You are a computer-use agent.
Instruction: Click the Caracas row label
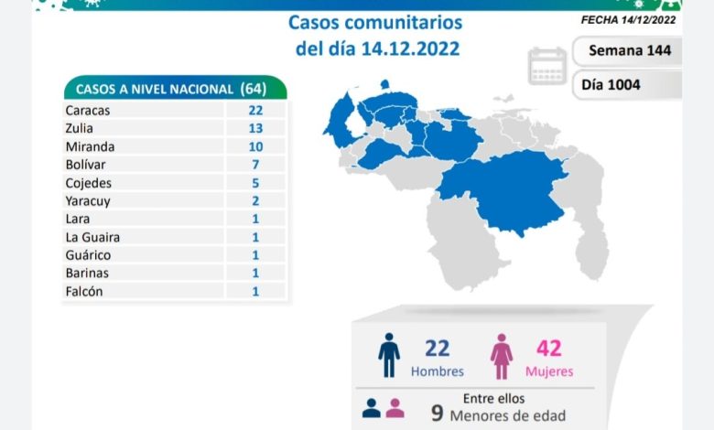(x=87, y=110)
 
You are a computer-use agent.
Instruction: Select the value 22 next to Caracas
(x=255, y=110)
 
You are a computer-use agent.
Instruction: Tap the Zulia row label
(x=80, y=128)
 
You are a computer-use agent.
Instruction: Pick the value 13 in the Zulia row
(x=255, y=128)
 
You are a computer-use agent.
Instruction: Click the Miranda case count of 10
(x=255, y=146)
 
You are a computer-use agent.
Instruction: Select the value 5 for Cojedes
(x=255, y=183)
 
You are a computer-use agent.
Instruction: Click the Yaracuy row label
(x=85, y=200)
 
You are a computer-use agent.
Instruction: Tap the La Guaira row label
(x=92, y=237)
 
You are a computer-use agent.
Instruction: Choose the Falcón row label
(x=83, y=291)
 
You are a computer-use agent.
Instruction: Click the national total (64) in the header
(x=253, y=89)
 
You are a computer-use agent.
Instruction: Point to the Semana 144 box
(x=629, y=50)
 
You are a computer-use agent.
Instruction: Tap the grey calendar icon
(x=547, y=66)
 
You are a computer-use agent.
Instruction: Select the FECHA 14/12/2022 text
(x=629, y=18)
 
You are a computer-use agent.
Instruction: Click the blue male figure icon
(x=389, y=355)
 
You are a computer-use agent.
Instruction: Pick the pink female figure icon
(x=502, y=355)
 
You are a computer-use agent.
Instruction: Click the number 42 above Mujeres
(x=549, y=348)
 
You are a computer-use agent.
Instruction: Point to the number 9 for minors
(x=438, y=414)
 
